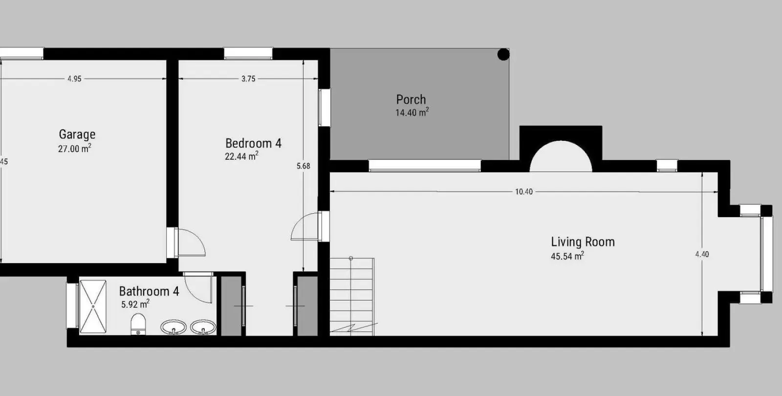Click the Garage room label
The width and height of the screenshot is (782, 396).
[x=77, y=134]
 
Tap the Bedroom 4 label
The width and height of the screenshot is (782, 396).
[x=253, y=143]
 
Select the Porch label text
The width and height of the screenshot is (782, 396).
[x=411, y=100]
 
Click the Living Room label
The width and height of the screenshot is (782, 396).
[x=583, y=242]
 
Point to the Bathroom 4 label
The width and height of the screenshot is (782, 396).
[x=149, y=291]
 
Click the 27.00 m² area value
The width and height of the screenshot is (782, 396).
[x=75, y=149]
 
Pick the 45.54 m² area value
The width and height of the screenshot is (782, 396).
[x=567, y=256]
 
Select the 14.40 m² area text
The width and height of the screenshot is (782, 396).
[x=412, y=112]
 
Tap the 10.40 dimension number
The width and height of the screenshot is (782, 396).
[x=524, y=192]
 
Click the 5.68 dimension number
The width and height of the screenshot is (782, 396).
[x=304, y=166]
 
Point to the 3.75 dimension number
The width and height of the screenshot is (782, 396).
[x=248, y=79]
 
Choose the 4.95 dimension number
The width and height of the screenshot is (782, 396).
[x=74, y=79]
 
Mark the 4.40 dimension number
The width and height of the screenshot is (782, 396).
[x=702, y=254]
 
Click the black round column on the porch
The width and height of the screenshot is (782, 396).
[x=503, y=54]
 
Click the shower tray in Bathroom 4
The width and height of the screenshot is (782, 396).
[x=93, y=306]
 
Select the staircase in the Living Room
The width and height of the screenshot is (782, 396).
[x=352, y=297]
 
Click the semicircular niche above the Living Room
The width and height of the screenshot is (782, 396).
[x=561, y=156]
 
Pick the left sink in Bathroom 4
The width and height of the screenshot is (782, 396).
[x=173, y=328]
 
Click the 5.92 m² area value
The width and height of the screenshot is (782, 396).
[x=135, y=304]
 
